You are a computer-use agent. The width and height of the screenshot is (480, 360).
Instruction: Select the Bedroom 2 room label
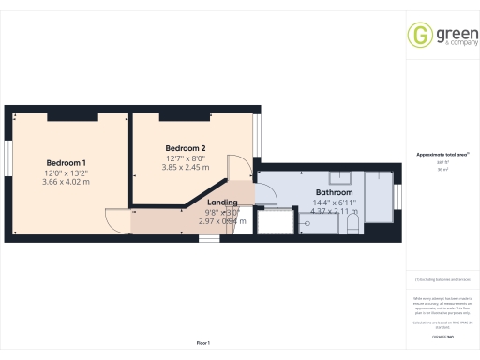tap(185, 148)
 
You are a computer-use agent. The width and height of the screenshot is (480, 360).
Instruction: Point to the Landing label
tap(223, 202)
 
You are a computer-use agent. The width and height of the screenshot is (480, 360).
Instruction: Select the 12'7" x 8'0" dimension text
tap(185, 158)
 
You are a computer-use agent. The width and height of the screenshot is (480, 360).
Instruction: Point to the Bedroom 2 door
tap(239, 169)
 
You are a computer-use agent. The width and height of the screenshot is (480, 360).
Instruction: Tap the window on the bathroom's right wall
tap(397, 198)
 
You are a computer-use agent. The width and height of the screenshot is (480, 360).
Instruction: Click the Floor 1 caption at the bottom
tap(203, 345)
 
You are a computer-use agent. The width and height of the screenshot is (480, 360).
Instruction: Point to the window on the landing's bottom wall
tap(209, 237)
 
